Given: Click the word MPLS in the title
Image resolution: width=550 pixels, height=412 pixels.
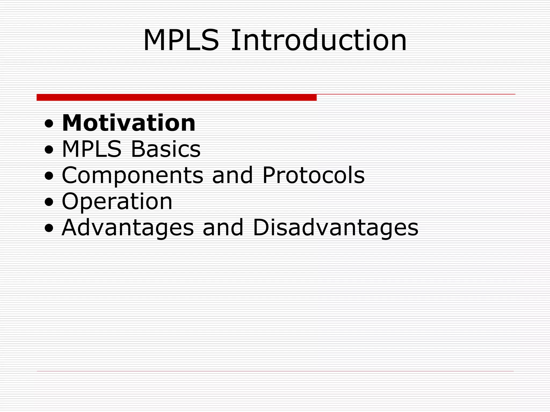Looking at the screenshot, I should pos(181,41).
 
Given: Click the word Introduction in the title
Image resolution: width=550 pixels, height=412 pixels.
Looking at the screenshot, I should pos(319,41).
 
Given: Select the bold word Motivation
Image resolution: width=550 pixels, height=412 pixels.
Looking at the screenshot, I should pos(129,123).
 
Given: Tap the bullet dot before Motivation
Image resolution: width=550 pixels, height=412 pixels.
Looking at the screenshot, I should pos(49,124).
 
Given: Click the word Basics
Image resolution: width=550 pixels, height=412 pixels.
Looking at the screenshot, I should pos(165,149).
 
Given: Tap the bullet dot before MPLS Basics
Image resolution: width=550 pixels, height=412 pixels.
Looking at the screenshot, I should pos(49,150).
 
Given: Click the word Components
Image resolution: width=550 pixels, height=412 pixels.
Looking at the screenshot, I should pos(132,175).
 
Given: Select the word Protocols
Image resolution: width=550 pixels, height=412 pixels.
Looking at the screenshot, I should pos(313,175).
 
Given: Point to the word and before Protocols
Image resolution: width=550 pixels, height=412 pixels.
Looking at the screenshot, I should pos(232,175).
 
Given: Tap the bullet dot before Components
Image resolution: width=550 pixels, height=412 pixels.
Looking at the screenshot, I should pos(49,176).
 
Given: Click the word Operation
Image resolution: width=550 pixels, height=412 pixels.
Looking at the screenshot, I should pos(117,202).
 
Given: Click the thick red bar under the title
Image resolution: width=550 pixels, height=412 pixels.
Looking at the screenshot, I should pos(176,97).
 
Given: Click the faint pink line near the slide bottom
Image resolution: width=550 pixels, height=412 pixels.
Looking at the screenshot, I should pos(275,371).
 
